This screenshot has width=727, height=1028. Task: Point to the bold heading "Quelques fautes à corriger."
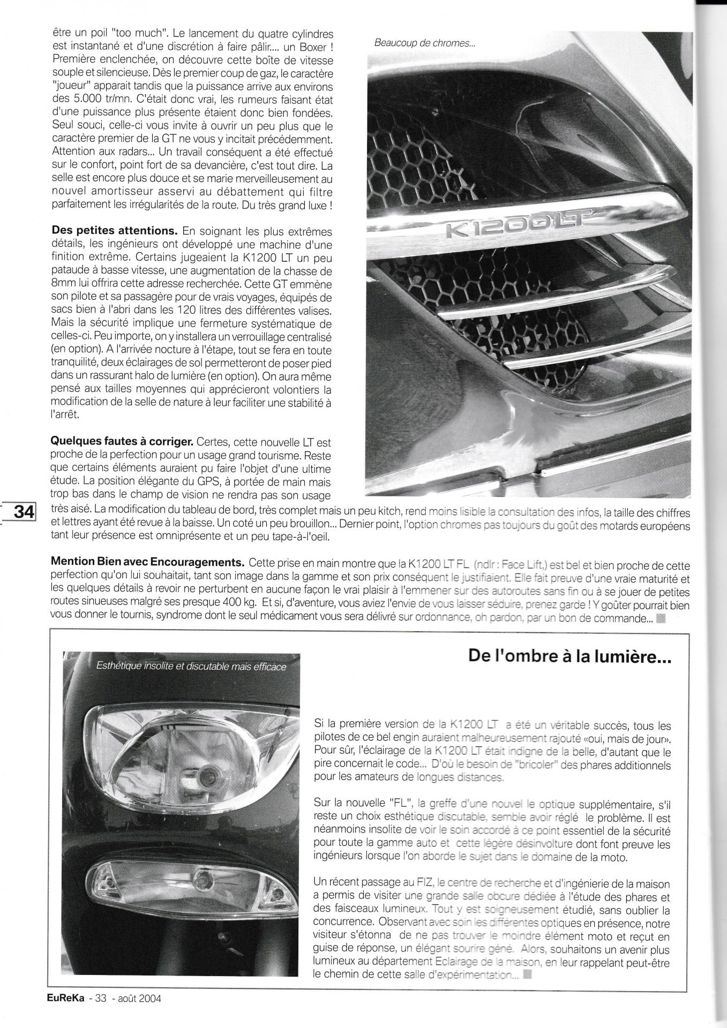click(x=122, y=442)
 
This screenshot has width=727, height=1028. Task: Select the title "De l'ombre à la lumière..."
click(x=569, y=656)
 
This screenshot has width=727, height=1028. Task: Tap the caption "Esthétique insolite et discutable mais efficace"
click(x=191, y=667)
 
